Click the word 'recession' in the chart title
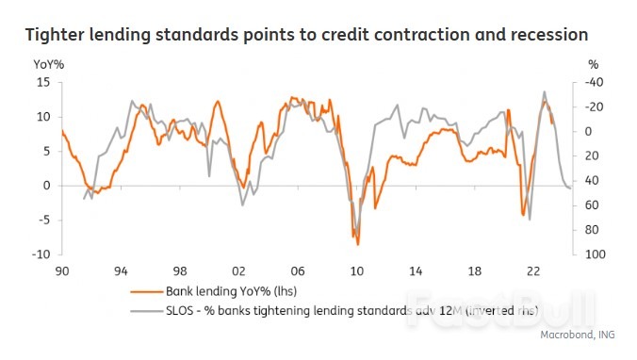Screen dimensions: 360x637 pyautogui.click(x=547, y=34)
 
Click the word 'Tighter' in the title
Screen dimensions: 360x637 pyautogui.click(x=56, y=34)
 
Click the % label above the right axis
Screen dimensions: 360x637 pyautogui.click(x=593, y=64)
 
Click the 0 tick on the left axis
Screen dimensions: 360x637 pyautogui.click(x=46, y=186)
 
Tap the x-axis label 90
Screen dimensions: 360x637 pyautogui.click(x=62, y=270)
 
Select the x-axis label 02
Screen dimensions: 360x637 pyautogui.click(x=238, y=270)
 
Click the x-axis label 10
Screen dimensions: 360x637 pyautogui.click(x=356, y=270)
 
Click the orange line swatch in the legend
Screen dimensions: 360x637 pyautogui.click(x=147, y=292)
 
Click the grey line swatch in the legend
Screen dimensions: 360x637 pyautogui.click(x=147, y=310)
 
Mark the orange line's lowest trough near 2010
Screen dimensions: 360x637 pyautogui.click(x=358, y=244)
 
